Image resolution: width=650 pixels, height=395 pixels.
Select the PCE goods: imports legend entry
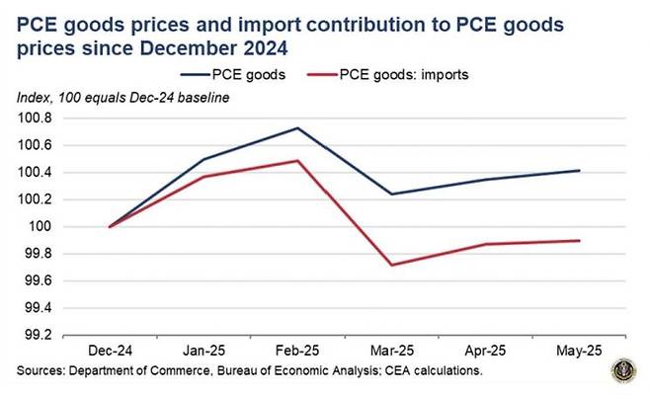coord(399,73)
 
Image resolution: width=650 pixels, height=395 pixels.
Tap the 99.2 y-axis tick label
coord(40,335)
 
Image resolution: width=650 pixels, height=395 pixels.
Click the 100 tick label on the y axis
coord(45,226)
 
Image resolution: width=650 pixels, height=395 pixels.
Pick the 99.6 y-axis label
coord(40,280)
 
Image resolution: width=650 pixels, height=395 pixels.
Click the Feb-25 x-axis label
coord(296,351)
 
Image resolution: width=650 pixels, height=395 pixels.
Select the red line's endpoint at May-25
coord(579,240)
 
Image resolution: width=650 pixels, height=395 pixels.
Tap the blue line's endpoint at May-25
coord(579,171)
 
